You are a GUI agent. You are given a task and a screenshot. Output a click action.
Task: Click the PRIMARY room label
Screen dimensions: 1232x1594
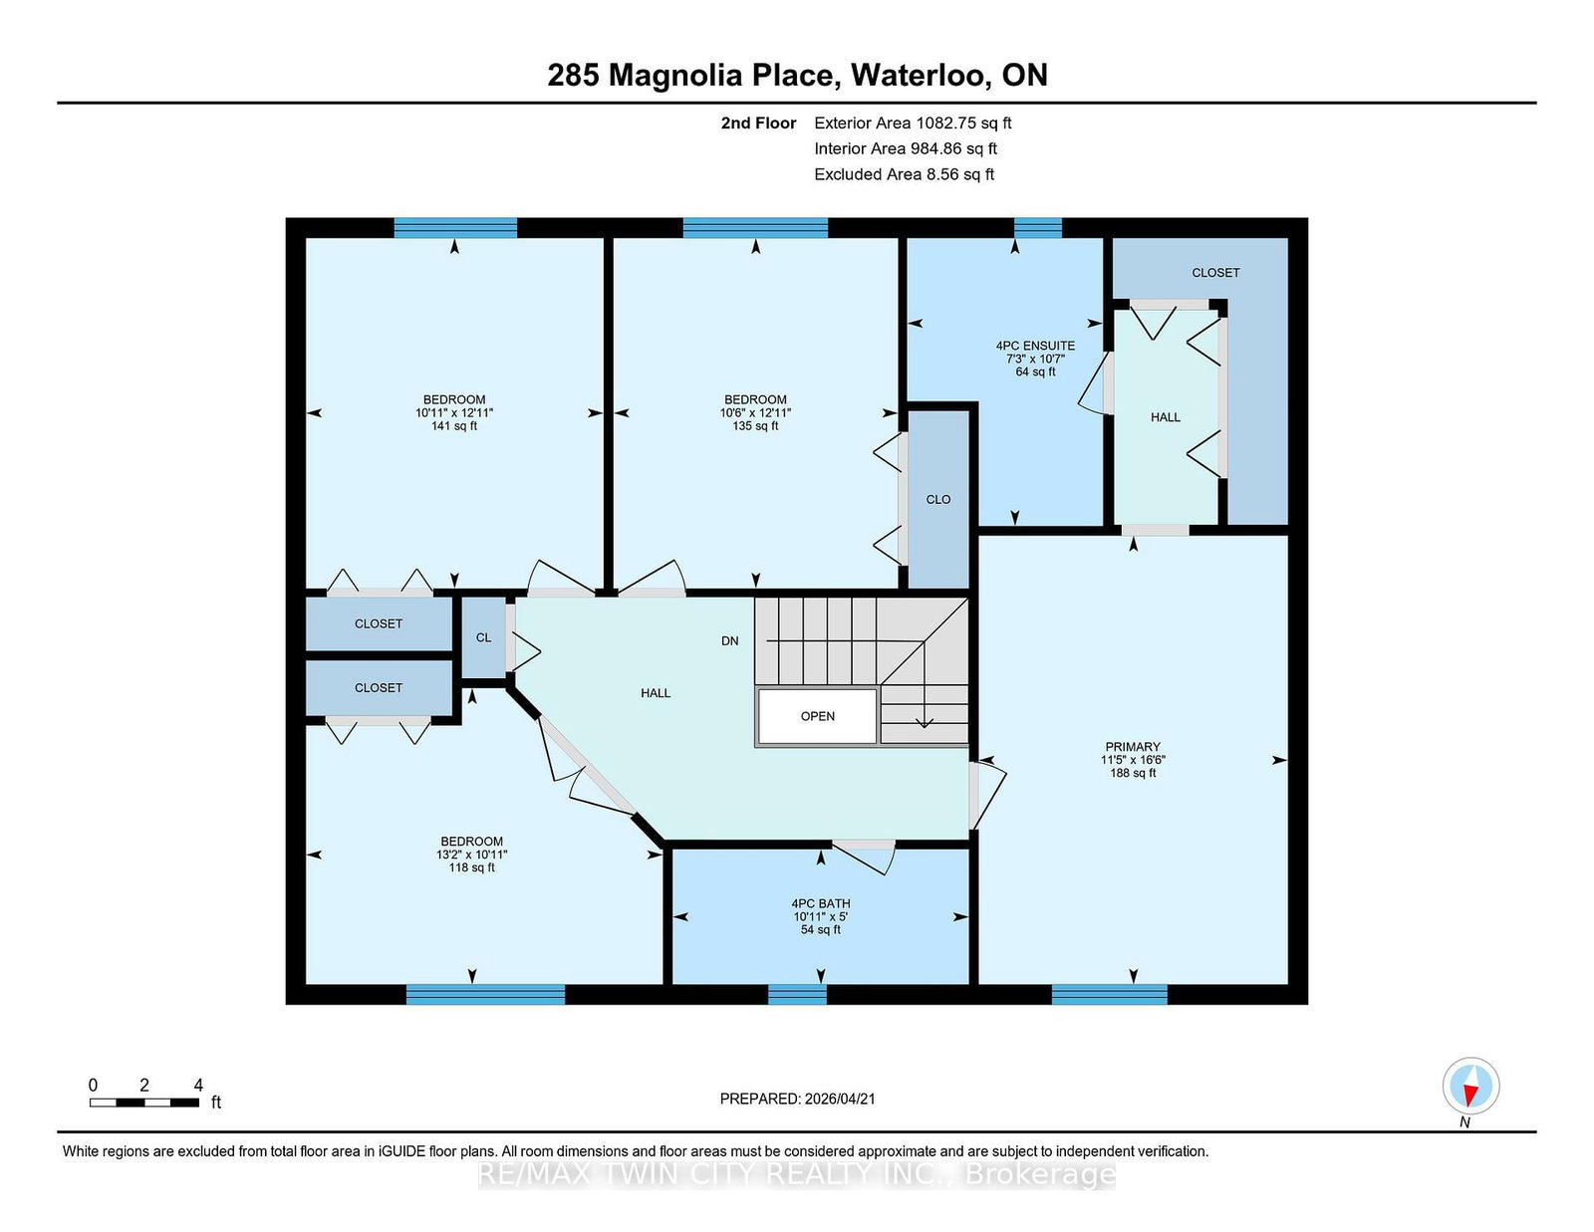[1133, 759]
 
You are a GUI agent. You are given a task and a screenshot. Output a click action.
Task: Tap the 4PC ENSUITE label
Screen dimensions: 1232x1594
[1035, 358]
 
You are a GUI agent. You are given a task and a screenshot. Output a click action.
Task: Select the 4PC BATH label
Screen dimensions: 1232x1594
[821, 916]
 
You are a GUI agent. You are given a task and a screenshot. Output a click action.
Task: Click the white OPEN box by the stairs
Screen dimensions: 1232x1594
[817, 716]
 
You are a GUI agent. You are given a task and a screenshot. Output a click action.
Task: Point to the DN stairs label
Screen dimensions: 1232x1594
[730, 640]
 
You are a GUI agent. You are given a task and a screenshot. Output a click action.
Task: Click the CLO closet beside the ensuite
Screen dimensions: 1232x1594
[938, 499]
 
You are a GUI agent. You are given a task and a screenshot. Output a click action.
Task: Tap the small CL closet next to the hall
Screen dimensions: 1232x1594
[483, 637]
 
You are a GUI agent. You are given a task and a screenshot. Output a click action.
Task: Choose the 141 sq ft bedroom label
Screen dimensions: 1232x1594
[454, 412]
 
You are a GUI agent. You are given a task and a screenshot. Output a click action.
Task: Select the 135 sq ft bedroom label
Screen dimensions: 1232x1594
[755, 412]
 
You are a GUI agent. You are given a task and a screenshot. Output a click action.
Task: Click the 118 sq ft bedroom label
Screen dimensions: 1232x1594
[471, 854]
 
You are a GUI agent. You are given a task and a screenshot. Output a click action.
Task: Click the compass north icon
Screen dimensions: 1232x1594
[1470, 1086]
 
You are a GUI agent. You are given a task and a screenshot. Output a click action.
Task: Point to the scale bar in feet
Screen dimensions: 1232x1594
[144, 1102]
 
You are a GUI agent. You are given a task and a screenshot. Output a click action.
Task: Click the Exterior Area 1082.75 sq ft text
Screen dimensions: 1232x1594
[913, 123]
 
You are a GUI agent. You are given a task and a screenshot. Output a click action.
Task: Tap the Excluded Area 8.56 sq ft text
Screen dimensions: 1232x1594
[904, 174]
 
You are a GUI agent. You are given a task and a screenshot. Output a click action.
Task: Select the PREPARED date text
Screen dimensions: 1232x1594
[797, 1099]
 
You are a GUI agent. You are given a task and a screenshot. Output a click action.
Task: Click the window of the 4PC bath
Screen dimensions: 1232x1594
[797, 993]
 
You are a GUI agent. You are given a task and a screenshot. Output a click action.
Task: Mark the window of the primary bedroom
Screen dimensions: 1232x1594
[1109, 993]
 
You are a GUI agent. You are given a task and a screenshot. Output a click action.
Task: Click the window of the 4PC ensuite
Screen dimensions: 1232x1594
[1037, 227]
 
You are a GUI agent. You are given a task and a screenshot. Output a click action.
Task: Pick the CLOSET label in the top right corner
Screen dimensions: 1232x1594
[1215, 272]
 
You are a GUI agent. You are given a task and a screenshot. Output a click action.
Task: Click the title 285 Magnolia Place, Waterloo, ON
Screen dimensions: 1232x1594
[797, 75]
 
